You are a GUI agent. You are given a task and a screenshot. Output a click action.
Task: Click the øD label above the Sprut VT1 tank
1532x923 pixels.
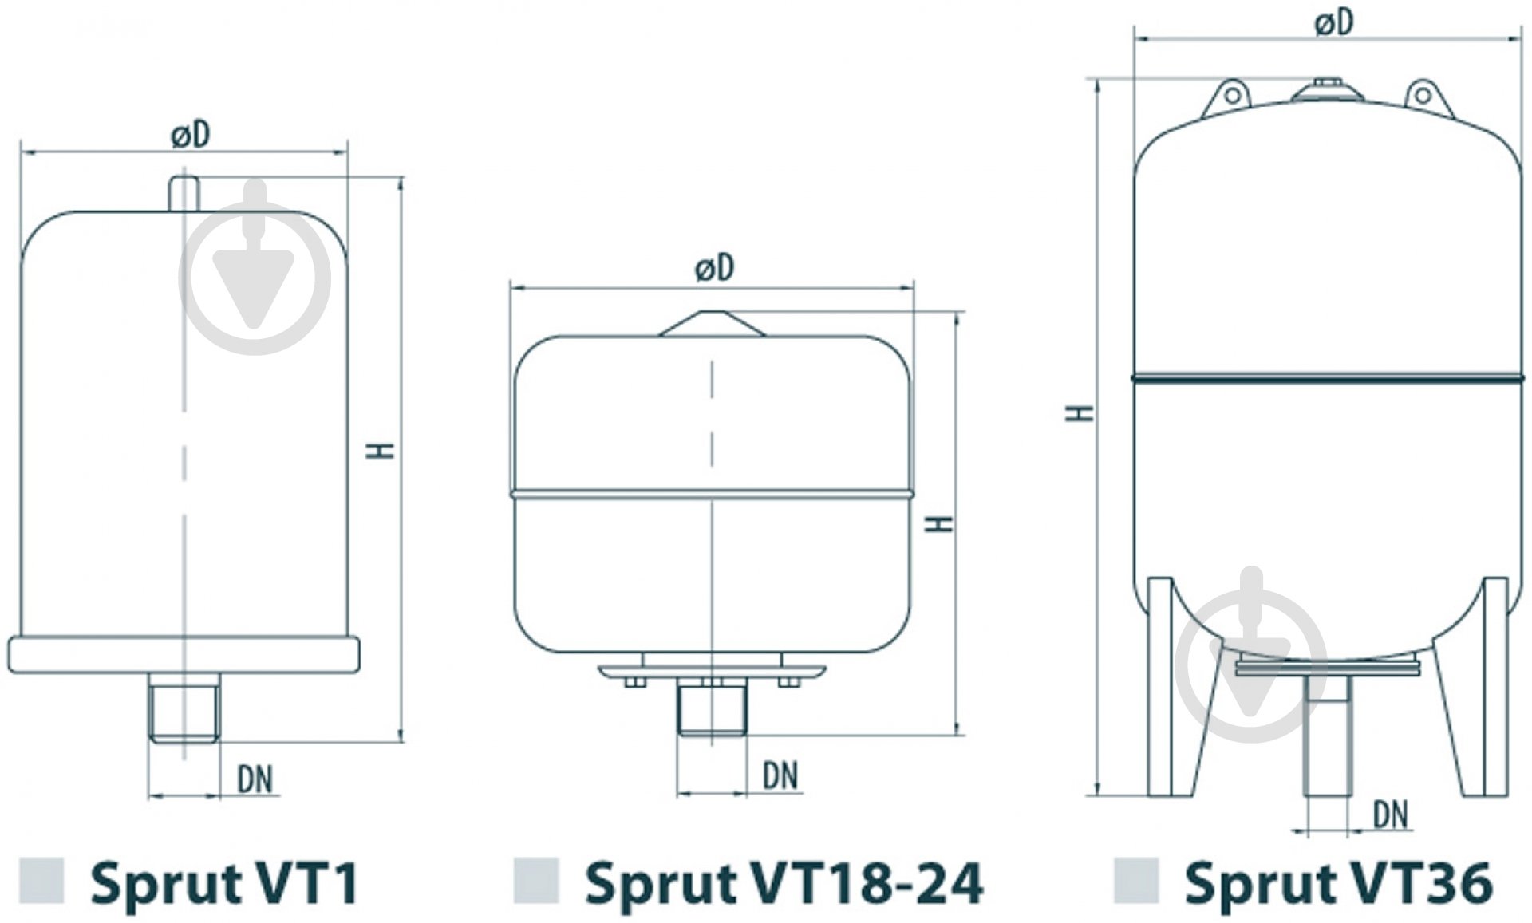click(x=191, y=135)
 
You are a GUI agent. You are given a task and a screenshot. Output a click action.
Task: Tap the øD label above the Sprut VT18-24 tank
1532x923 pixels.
click(x=714, y=268)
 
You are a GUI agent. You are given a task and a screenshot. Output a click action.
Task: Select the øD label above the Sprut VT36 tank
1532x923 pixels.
click(x=1334, y=23)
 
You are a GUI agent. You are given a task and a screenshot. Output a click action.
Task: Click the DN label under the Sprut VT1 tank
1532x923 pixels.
click(x=255, y=779)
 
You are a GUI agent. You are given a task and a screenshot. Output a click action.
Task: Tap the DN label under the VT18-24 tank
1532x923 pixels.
click(x=780, y=775)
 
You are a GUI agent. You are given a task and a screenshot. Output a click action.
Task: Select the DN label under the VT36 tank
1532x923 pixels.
click(x=1391, y=815)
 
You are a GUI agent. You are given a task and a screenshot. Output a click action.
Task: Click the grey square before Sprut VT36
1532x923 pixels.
click(x=1135, y=881)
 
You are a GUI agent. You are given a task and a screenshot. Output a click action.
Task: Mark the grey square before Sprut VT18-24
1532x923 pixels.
click(x=535, y=881)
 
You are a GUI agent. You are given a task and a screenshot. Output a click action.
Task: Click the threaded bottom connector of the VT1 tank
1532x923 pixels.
click(x=184, y=708)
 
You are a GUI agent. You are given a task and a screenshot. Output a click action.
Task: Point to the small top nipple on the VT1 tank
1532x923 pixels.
click(x=184, y=194)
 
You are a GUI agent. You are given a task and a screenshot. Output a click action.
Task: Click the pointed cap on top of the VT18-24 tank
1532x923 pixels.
click(x=713, y=324)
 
